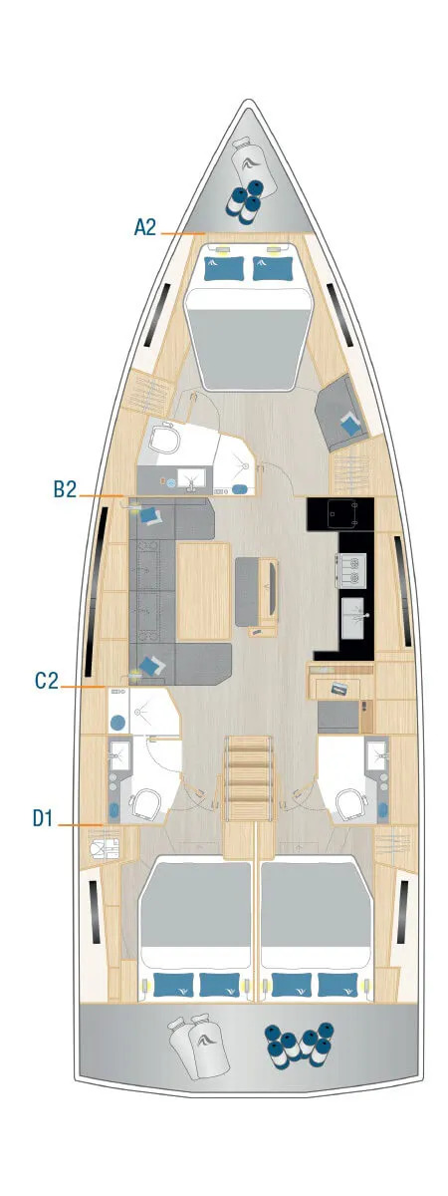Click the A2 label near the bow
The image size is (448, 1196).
coord(144,227)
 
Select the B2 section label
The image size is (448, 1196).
coord(65,488)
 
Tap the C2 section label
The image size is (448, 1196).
coord(46,682)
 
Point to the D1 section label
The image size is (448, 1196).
coord(42,818)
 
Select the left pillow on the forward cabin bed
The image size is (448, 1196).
coord(223,267)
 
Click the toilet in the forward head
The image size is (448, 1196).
coord(163,439)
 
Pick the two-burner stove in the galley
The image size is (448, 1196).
coord(350,567)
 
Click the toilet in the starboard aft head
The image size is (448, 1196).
coord(351,803)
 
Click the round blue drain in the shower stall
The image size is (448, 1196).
coord(118,721)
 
